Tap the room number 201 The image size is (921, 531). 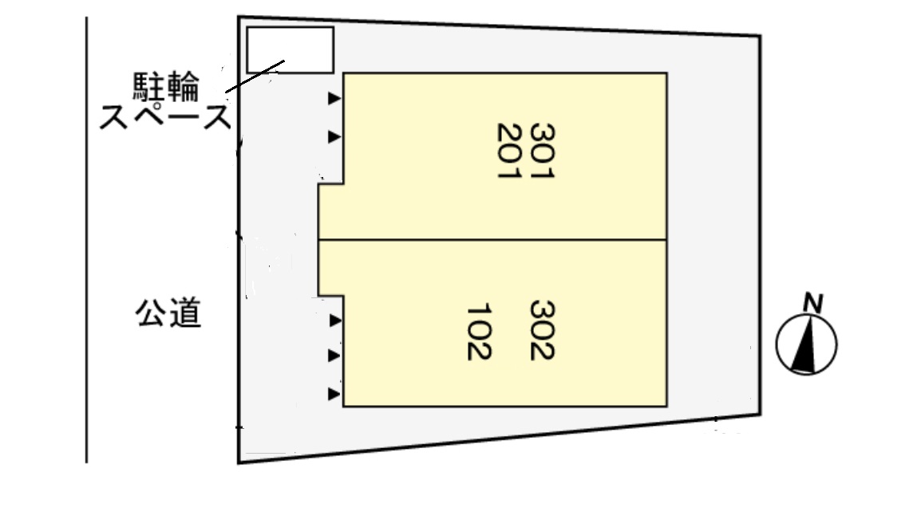tap(509, 151)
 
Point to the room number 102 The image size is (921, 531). tap(479, 332)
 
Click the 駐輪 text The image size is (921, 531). tap(166, 87)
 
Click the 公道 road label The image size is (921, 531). tap(168, 313)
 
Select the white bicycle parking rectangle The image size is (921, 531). tap(291, 50)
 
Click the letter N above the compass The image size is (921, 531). tap(813, 303)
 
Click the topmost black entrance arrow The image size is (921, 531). tap(334, 98)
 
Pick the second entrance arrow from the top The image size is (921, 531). tap(334, 136)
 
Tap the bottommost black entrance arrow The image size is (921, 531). tap(334, 395)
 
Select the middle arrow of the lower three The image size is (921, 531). tap(334, 356)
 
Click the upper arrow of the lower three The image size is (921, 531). tap(335, 321)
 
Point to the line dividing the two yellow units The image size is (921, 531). tap(492, 239)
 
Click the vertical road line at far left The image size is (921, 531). tap(87, 239)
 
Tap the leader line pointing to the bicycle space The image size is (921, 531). tap(255, 77)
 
